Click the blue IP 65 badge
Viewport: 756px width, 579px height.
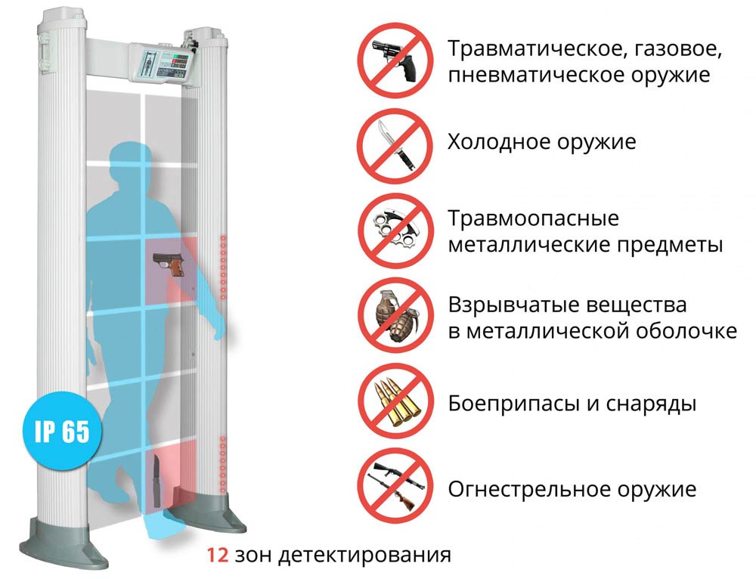[x=63, y=431]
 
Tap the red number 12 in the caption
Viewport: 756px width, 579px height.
[x=218, y=555]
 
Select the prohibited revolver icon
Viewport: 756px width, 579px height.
[x=395, y=60]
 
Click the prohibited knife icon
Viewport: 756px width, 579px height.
[x=395, y=146]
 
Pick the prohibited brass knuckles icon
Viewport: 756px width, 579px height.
[x=395, y=231]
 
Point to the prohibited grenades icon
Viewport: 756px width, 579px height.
[x=395, y=316]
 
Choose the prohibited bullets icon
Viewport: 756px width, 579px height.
[x=395, y=401]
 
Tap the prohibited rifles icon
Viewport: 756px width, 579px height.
[x=395, y=486]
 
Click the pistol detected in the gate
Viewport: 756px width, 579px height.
[x=169, y=265]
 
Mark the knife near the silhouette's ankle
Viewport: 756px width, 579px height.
[x=156, y=481]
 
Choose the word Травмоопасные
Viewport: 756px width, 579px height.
[x=533, y=219]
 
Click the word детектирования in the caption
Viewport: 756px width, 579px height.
[x=364, y=556]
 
